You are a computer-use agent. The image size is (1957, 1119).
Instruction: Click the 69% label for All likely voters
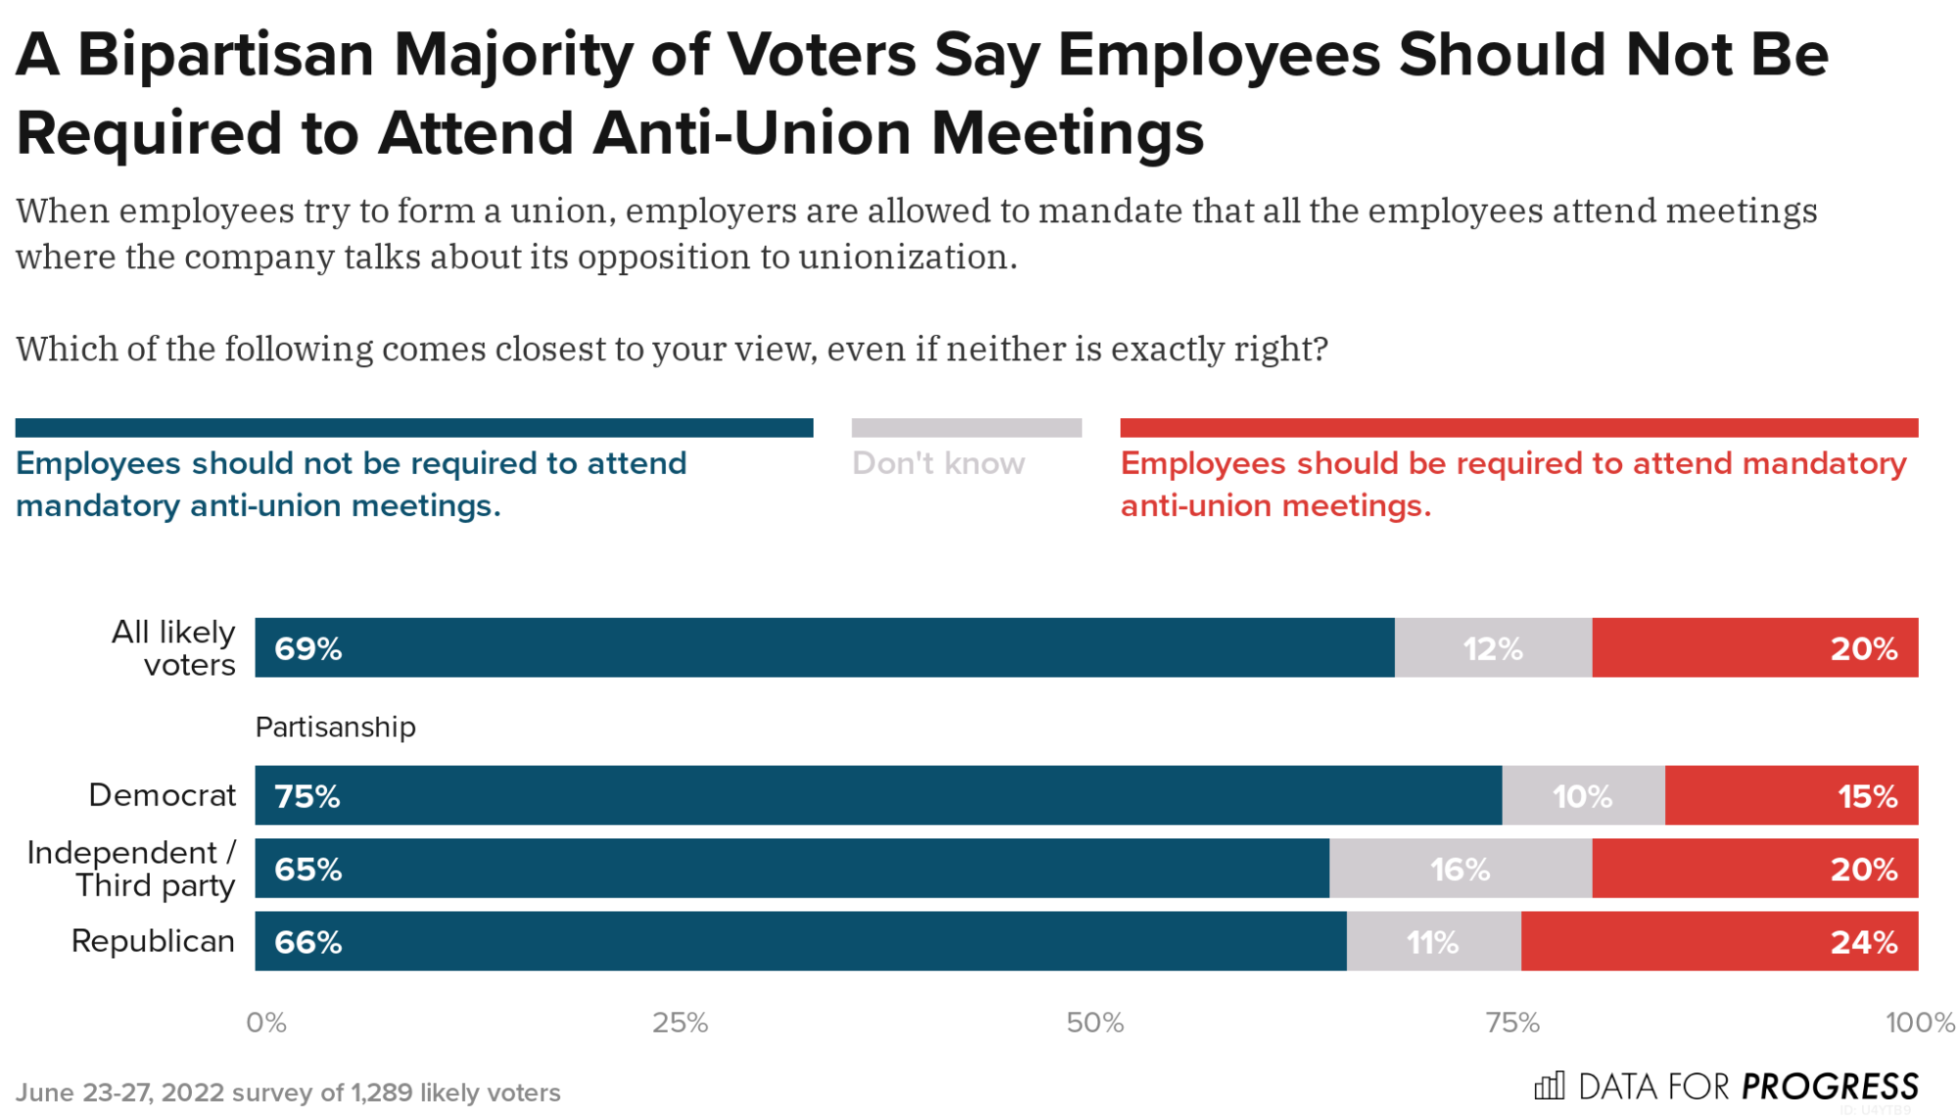click(307, 648)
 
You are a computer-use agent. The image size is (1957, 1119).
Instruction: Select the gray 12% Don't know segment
click(1492, 648)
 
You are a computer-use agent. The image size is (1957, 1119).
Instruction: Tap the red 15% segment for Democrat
click(1791, 796)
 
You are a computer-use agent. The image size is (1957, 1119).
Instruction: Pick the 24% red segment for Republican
click(1719, 942)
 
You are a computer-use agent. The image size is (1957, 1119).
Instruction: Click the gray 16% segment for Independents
click(1460, 869)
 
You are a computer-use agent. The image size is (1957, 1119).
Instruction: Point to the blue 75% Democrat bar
click(877, 796)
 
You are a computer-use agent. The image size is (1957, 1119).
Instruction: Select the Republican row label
click(153, 941)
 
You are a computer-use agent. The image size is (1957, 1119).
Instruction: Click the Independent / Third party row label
click(131, 869)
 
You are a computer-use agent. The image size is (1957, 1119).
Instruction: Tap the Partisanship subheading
click(335, 727)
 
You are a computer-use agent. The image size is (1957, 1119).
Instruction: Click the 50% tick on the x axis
click(1095, 1023)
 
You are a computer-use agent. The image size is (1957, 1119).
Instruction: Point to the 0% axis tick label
click(265, 1023)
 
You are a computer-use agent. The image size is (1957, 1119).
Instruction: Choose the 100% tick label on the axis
click(1919, 1023)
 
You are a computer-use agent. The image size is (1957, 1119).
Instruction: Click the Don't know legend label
click(938, 463)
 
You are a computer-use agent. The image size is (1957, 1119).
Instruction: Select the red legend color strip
click(1518, 428)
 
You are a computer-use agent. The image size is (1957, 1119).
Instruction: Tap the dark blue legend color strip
click(414, 428)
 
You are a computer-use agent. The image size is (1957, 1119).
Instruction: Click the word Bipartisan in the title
click(225, 55)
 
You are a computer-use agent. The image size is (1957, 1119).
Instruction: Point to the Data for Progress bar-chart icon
click(1549, 1086)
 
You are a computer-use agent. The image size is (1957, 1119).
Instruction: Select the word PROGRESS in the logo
click(1830, 1087)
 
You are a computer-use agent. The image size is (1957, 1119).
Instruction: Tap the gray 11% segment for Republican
click(1432, 942)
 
